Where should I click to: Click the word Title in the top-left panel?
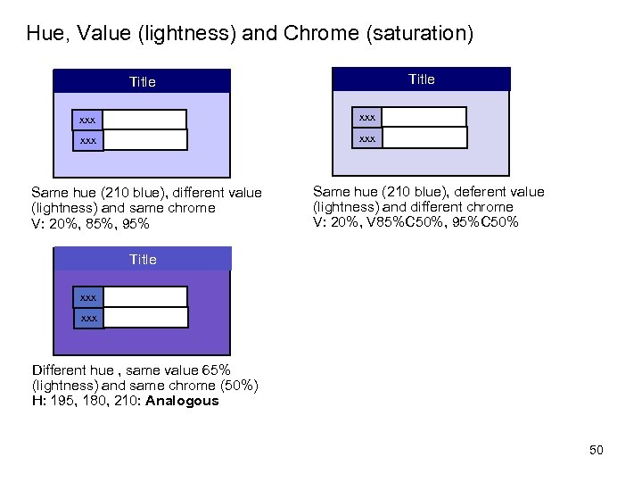[x=142, y=82]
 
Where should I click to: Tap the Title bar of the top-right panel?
[x=421, y=79]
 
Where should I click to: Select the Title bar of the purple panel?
[x=143, y=259]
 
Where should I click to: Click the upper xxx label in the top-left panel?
[x=87, y=120]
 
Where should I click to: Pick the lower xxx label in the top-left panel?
[x=87, y=140]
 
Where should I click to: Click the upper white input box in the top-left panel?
[x=144, y=120]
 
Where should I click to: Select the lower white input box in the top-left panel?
[x=145, y=140]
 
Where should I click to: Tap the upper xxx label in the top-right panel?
[x=367, y=117]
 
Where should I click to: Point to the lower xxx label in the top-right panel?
[x=367, y=137]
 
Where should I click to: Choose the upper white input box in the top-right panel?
[x=424, y=117]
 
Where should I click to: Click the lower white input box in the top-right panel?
[x=424, y=137]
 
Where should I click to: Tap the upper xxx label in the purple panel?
[x=88, y=296]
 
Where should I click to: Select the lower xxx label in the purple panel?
[x=88, y=317]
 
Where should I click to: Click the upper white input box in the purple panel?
[x=145, y=296]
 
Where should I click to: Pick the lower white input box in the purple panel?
[x=145, y=317]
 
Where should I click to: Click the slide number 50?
[x=596, y=450]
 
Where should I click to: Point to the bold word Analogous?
[x=182, y=401]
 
